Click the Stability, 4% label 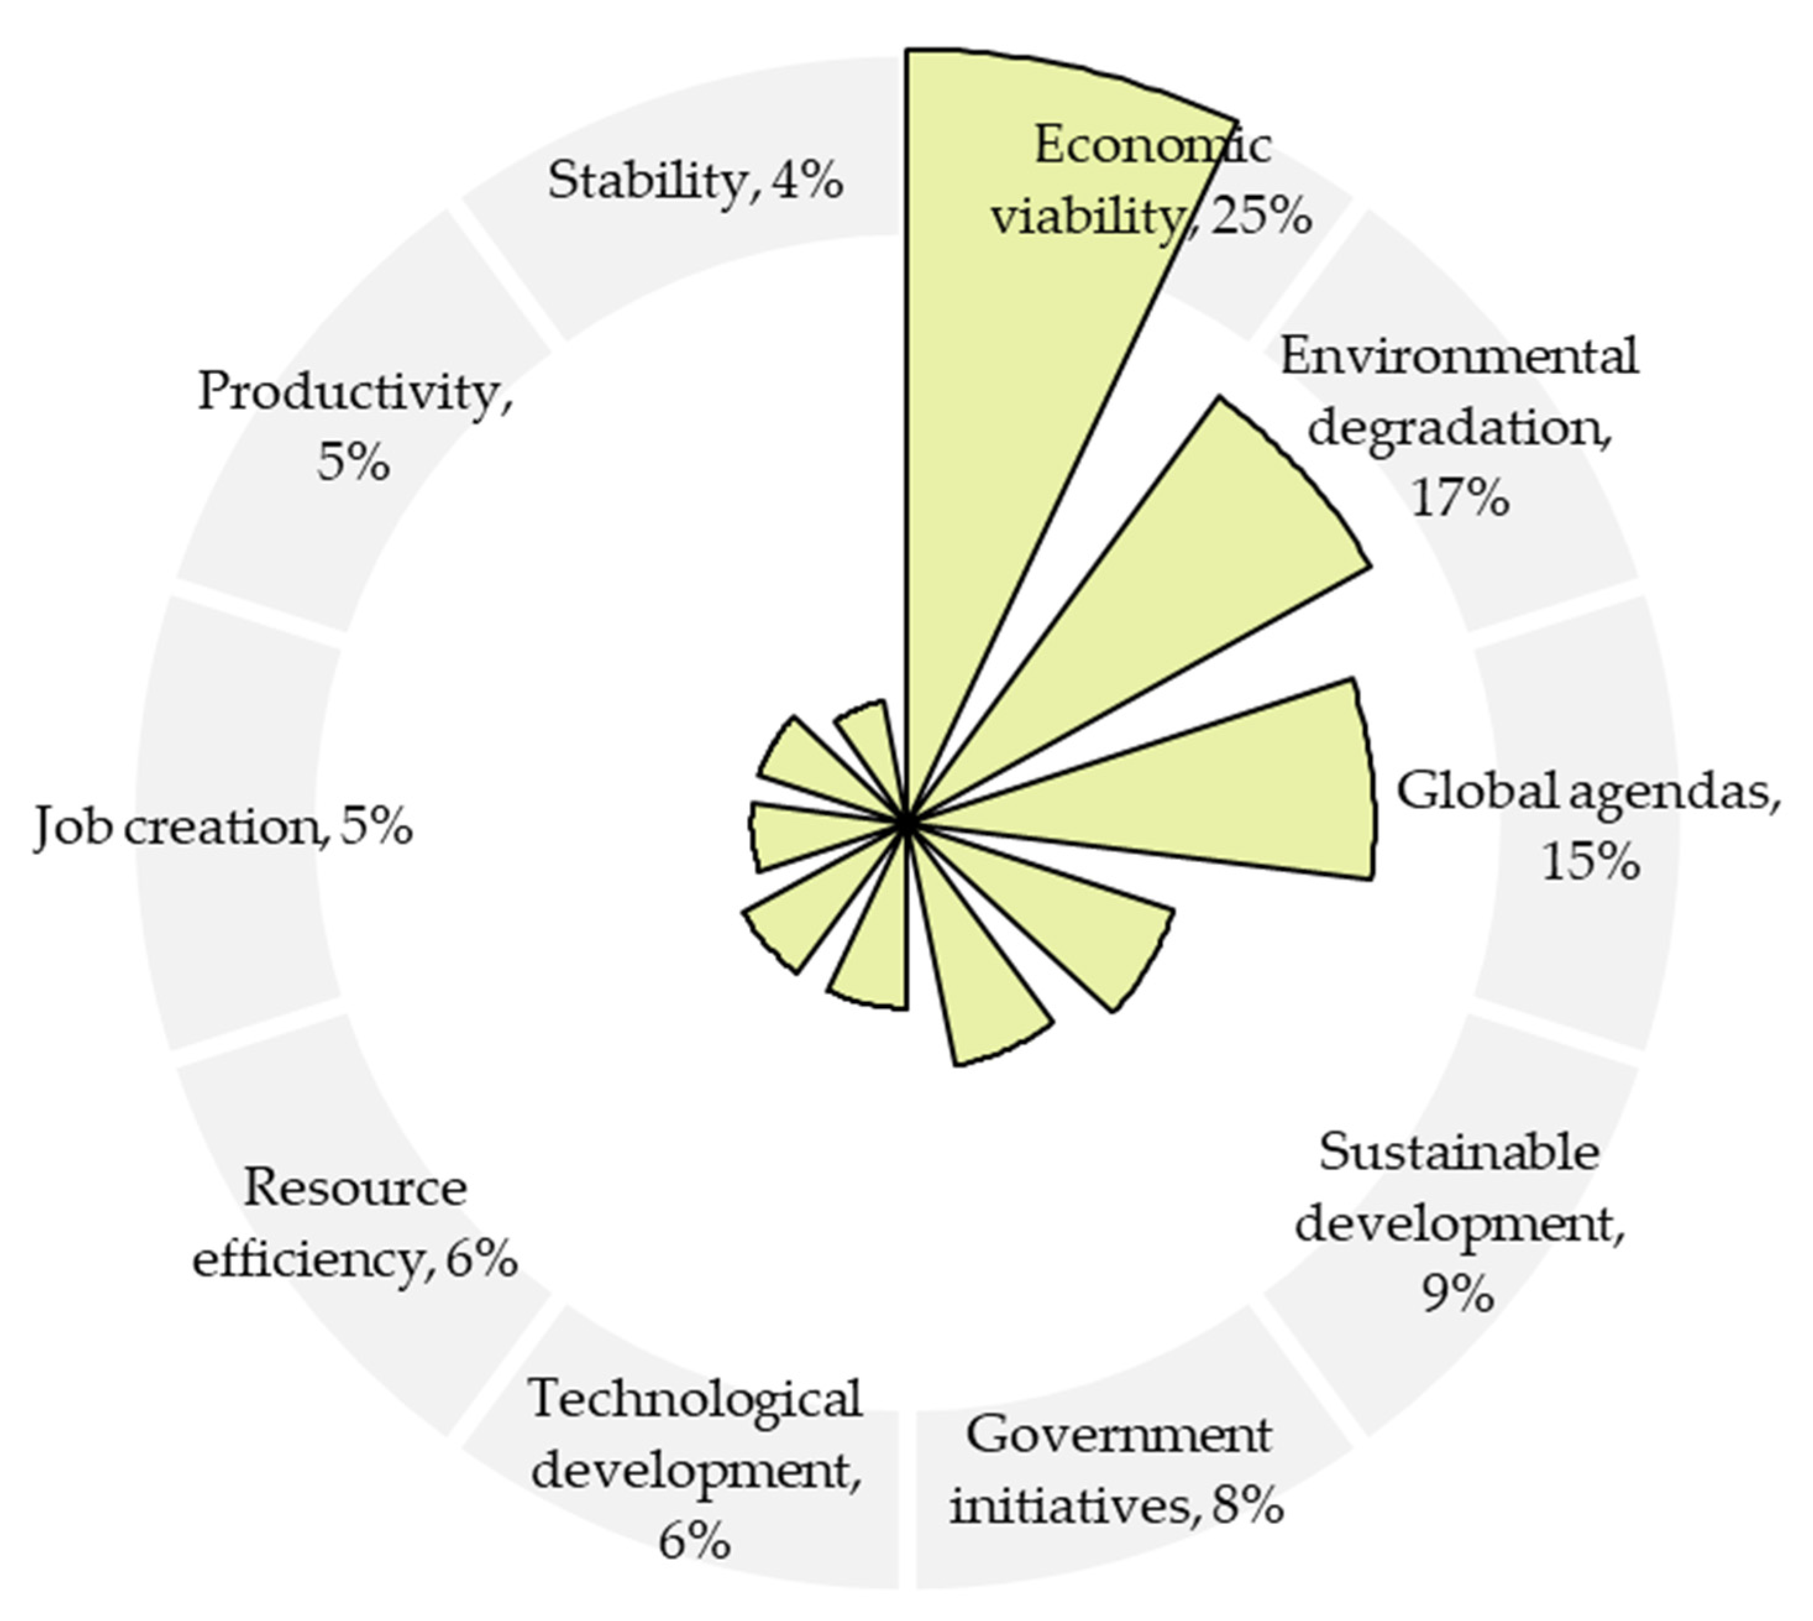point(694,181)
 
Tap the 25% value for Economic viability point(1260,216)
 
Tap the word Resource point(355,1187)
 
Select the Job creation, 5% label point(222,827)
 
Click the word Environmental point(1458,356)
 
